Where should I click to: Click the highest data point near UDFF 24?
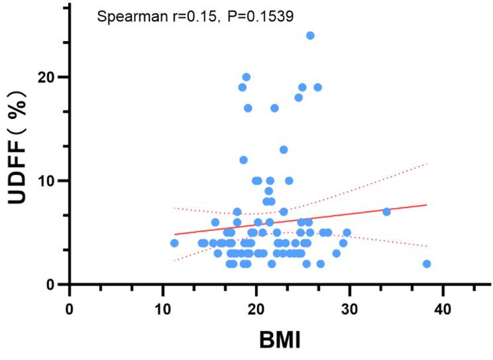click(310, 35)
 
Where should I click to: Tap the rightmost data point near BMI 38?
click(427, 264)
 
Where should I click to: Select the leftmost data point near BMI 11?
click(174, 243)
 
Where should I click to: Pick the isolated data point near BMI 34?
click(386, 211)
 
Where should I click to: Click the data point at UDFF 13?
click(284, 149)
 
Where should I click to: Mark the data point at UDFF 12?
click(243, 160)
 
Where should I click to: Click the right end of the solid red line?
click(426, 205)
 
